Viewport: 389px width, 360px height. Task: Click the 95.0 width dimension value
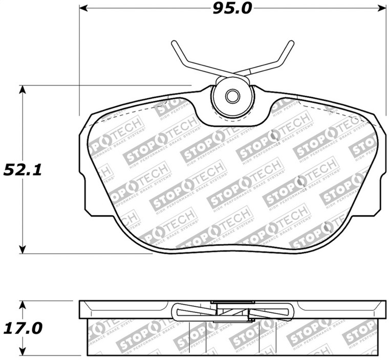pos(232,9)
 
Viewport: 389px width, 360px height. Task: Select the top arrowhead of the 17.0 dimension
pos(22,305)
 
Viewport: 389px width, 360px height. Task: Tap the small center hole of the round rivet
pos(232,96)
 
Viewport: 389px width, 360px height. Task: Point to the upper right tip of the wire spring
pos(291,43)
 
